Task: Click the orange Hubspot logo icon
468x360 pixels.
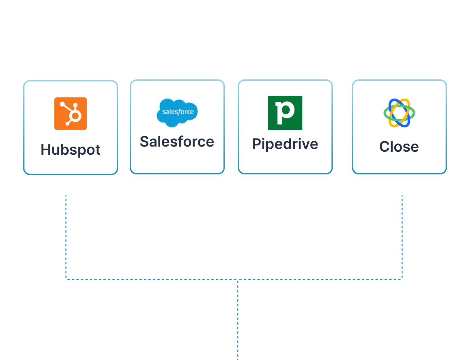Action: point(71,114)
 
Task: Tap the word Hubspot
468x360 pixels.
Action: point(71,150)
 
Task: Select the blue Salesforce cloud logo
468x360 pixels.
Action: point(177,113)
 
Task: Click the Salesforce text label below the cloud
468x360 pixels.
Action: point(177,141)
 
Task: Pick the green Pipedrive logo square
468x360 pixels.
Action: point(285,113)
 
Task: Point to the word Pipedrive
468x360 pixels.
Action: point(285,144)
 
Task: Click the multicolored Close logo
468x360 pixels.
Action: point(399,113)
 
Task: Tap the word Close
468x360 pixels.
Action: point(399,147)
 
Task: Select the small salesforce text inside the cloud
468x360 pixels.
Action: point(178,112)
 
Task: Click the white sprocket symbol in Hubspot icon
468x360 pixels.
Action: point(72,114)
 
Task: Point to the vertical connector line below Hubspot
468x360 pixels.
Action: point(67,238)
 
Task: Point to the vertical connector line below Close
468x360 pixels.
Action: point(402,238)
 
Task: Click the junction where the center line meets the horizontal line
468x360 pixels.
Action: point(238,279)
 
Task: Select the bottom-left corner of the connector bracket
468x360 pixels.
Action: point(67,279)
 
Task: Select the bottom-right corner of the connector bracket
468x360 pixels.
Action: point(402,279)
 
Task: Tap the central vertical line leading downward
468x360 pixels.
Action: point(238,322)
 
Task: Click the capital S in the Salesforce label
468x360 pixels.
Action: point(144,141)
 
